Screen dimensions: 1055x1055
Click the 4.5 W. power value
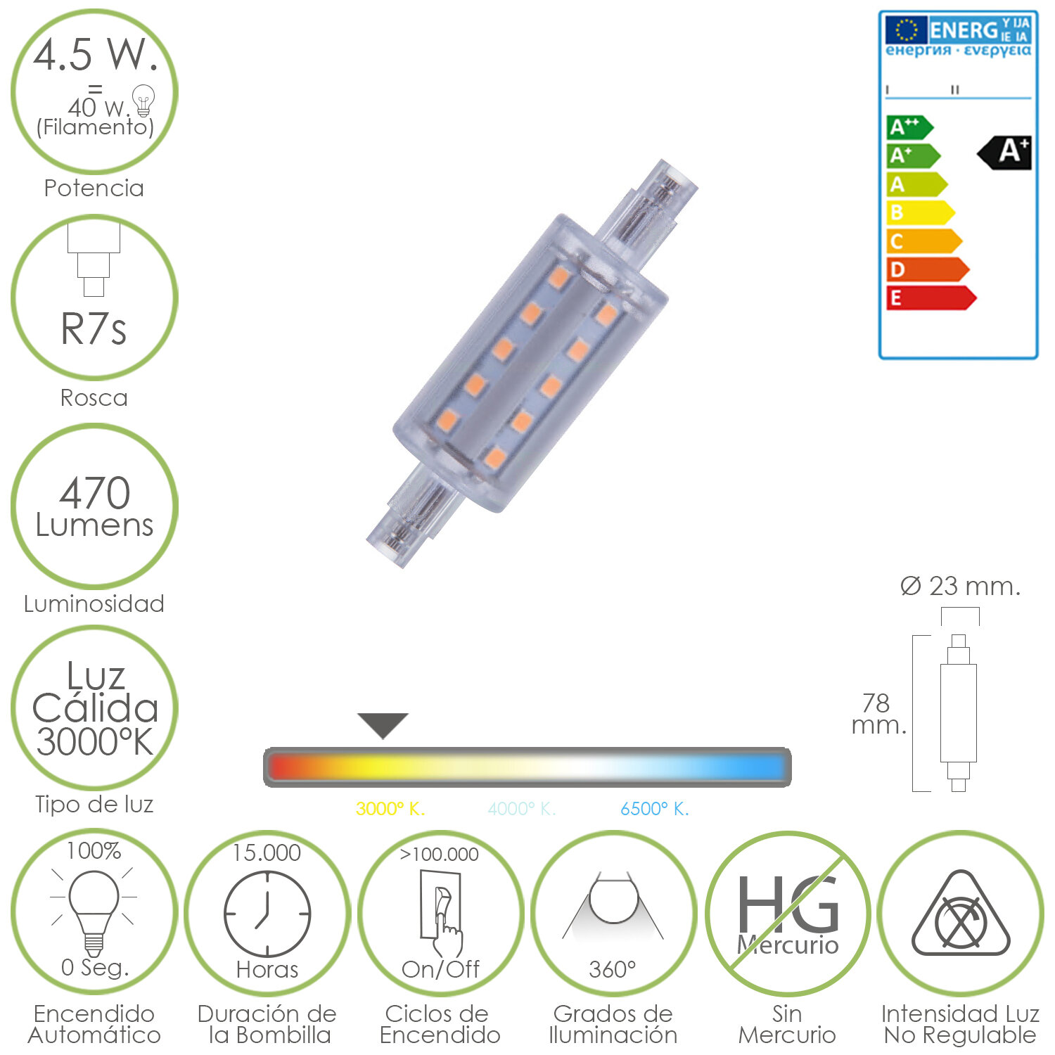(95, 55)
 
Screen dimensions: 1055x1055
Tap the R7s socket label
(94, 329)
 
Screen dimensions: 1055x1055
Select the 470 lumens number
(95, 492)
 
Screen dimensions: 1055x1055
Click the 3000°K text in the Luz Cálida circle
(95, 742)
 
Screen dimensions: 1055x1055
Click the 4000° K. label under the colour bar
(522, 809)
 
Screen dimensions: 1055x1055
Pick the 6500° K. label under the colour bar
(654, 809)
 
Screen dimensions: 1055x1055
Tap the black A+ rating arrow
(1006, 152)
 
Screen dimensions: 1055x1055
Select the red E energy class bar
(928, 298)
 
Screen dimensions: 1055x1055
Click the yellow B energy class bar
(918, 212)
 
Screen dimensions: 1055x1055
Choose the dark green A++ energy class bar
(907, 127)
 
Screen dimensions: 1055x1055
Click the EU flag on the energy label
(906, 30)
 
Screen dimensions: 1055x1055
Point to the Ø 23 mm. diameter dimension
(960, 586)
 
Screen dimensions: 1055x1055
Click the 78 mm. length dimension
(878, 713)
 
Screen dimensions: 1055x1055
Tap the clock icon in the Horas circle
(267, 914)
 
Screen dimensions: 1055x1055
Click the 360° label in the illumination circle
(612, 969)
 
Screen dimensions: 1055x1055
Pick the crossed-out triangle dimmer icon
(961, 916)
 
